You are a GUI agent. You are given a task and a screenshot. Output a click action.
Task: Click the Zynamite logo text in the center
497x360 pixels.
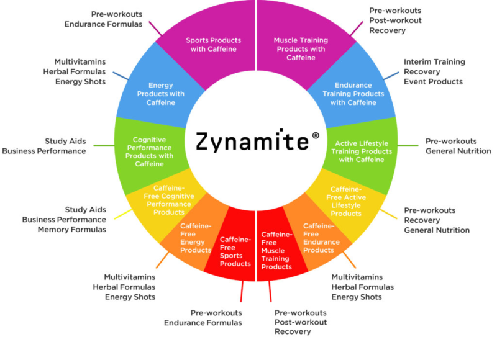(251, 142)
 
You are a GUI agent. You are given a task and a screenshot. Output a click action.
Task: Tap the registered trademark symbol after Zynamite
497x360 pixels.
(315, 135)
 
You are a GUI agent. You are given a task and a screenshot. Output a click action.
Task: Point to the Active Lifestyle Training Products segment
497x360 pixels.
(362, 151)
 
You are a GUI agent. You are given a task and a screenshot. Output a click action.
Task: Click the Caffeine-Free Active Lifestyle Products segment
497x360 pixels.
(347, 200)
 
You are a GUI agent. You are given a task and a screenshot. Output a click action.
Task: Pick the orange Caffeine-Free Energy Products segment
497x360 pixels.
(196, 238)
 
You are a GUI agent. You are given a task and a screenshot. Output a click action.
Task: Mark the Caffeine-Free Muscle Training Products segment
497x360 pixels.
(276, 251)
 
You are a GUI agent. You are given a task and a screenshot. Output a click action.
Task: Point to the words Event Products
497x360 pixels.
(433, 81)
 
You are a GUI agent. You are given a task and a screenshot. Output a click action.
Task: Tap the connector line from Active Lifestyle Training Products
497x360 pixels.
(408, 146)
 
